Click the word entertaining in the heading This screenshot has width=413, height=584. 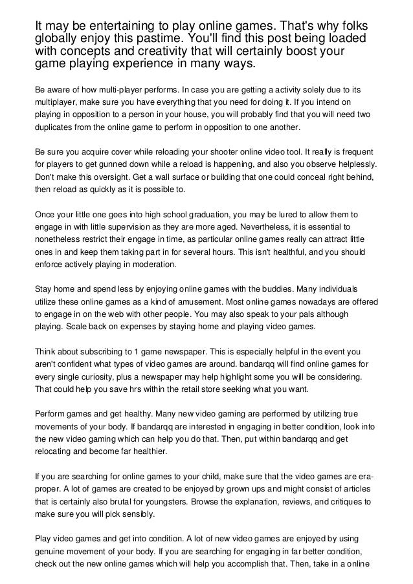(120, 25)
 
